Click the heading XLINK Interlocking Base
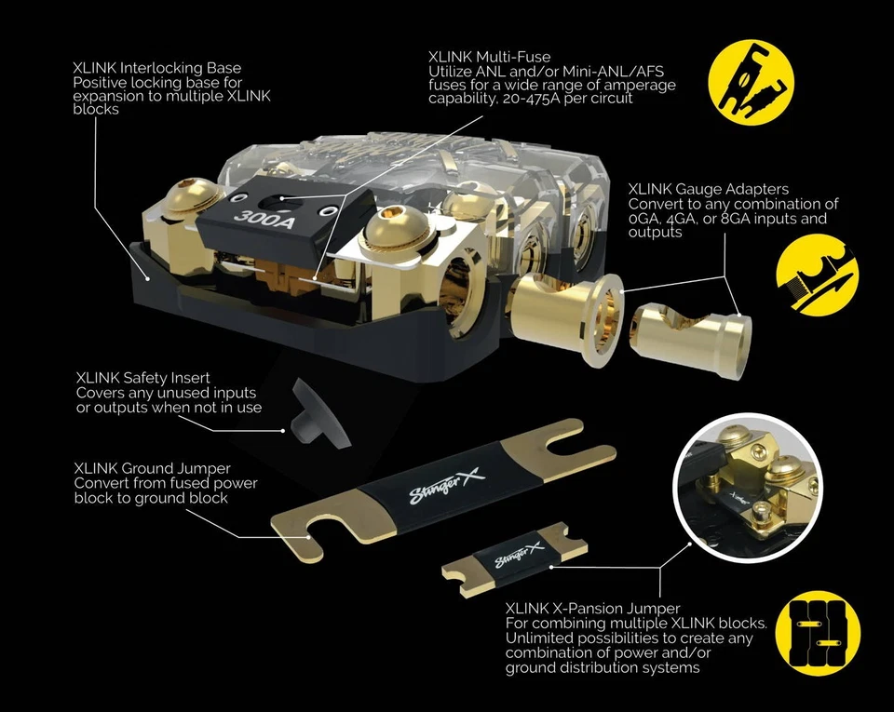[156, 67]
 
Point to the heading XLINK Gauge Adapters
[708, 190]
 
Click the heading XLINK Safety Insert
[142, 378]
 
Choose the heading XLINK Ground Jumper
[153, 468]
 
